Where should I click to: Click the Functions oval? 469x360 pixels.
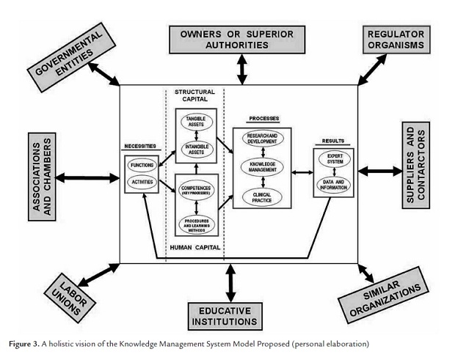click(142, 166)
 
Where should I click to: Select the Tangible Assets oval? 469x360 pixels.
click(196, 121)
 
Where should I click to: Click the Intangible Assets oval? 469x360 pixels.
click(196, 151)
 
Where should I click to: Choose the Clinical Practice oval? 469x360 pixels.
click(262, 196)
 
